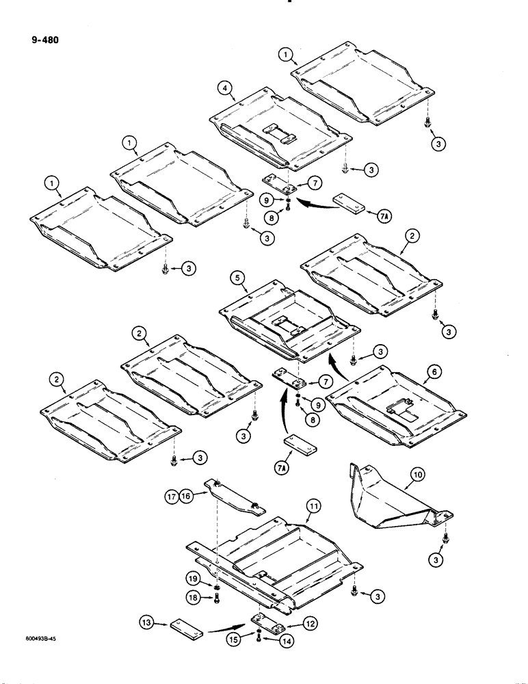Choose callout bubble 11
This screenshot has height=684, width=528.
[x=313, y=506]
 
